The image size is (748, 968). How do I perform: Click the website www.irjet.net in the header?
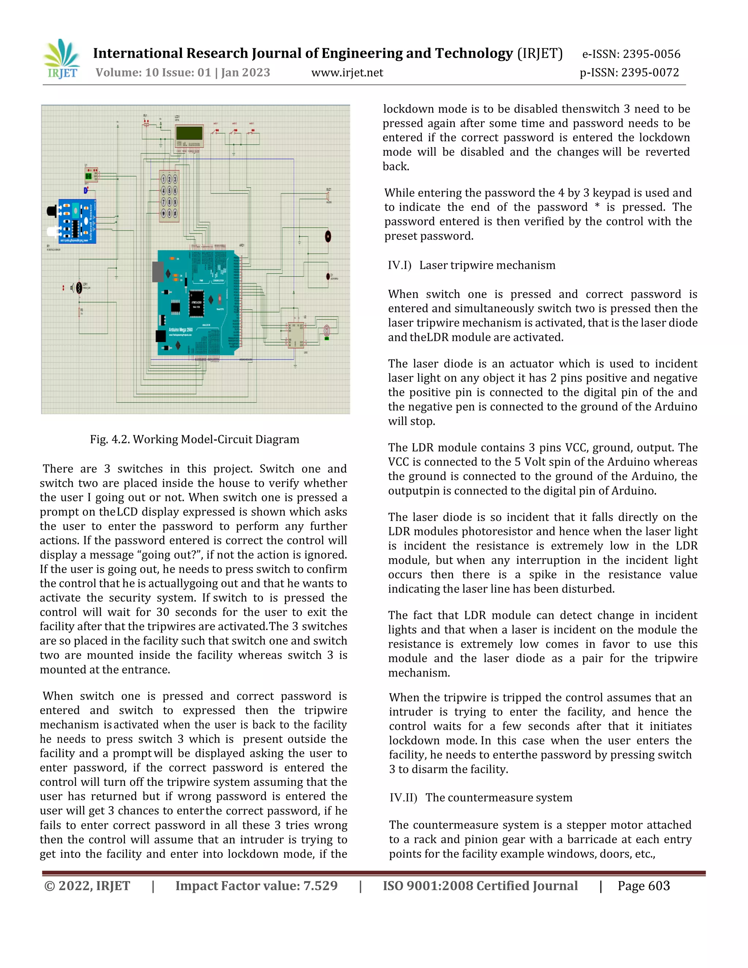(347, 73)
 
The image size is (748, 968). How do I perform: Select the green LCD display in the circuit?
(189, 133)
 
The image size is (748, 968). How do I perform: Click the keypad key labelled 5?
(169, 191)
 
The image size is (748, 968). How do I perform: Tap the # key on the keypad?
(175, 214)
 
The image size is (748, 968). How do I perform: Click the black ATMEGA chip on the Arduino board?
(196, 304)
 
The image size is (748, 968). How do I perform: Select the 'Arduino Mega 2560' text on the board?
(180, 330)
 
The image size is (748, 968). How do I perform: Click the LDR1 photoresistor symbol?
(79, 288)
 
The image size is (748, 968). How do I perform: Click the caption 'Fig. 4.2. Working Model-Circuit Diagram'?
(195, 439)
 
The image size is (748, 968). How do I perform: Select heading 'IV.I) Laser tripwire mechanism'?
(472, 265)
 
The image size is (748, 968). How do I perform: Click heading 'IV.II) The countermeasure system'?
(481, 797)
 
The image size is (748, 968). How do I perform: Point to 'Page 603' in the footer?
(644, 886)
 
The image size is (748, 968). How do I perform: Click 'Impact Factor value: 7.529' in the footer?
(256, 886)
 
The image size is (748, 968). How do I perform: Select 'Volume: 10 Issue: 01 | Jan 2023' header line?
(183, 73)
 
